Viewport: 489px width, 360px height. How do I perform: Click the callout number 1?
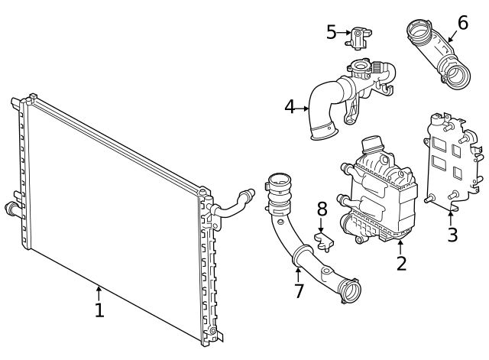click(x=99, y=310)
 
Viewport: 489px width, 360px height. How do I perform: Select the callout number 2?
click(x=401, y=263)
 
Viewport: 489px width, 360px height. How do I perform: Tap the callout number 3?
click(x=452, y=235)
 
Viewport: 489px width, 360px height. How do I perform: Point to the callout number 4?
click(x=290, y=107)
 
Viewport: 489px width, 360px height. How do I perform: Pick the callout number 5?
click(x=331, y=32)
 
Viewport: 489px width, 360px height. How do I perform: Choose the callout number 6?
click(x=463, y=22)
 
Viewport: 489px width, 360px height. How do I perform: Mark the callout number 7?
click(x=299, y=290)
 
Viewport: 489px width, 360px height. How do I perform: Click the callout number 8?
click(x=322, y=209)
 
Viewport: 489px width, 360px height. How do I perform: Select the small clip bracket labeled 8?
click(x=325, y=243)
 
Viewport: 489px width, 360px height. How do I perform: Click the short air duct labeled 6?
click(x=440, y=54)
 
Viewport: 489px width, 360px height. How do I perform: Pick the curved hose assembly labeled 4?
click(x=344, y=99)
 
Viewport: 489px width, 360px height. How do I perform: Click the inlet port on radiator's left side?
click(x=11, y=209)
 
